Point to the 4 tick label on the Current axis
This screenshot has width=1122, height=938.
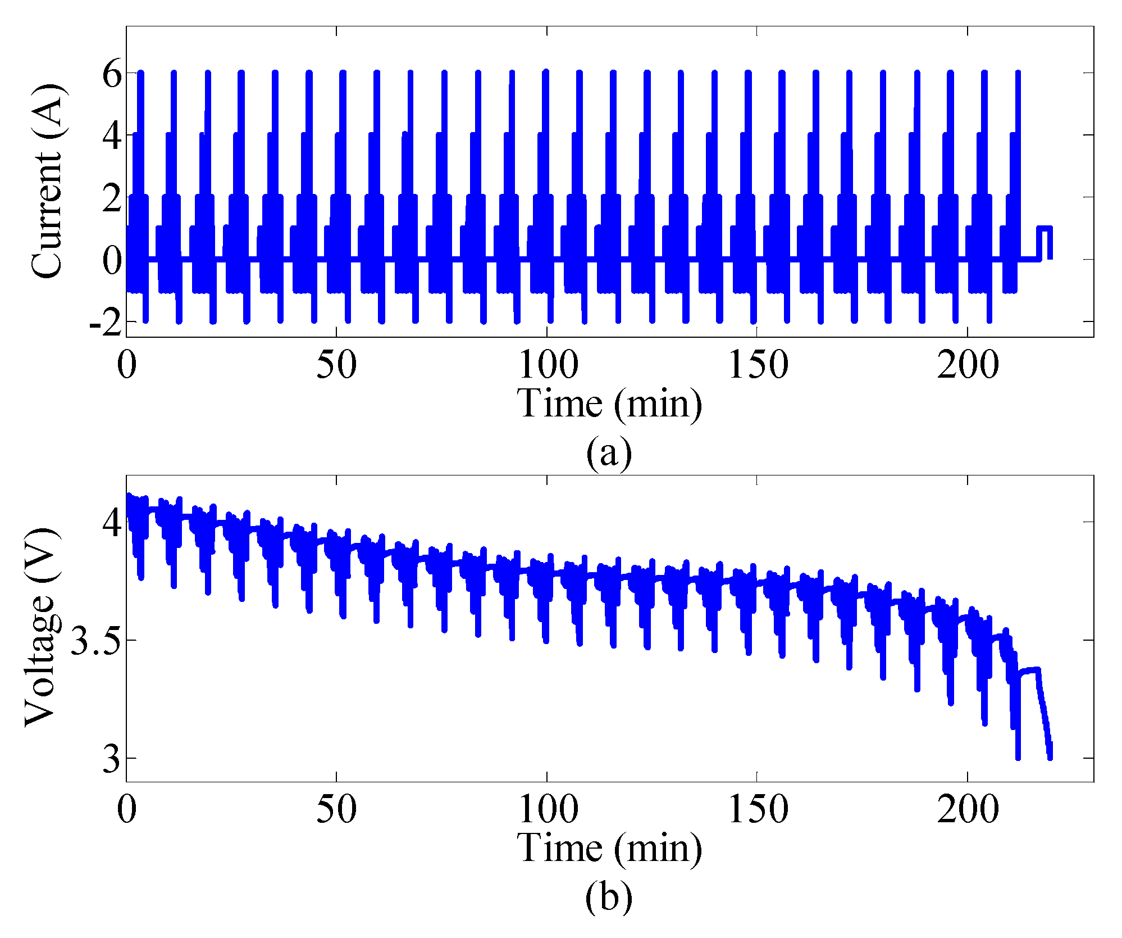pyautogui.click(x=112, y=136)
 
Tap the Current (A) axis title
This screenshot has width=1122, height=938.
pyautogui.click(x=47, y=181)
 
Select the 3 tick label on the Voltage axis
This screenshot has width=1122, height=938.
pyautogui.click(x=112, y=759)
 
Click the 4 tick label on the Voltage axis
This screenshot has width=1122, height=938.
pyautogui.click(x=112, y=523)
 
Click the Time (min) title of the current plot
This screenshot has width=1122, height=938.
pyautogui.click(x=609, y=404)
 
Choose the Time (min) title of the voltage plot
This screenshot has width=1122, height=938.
pyautogui.click(x=609, y=848)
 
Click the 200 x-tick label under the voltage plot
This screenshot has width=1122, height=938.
pyautogui.click(x=968, y=810)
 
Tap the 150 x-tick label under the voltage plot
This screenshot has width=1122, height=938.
pyautogui.click(x=758, y=810)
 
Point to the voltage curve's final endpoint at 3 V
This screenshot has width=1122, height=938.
pyautogui.click(x=1050, y=758)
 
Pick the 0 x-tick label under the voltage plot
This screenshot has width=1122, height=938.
pyautogui.click(x=127, y=810)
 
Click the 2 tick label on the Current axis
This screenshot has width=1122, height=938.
pyautogui.click(x=112, y=198)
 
